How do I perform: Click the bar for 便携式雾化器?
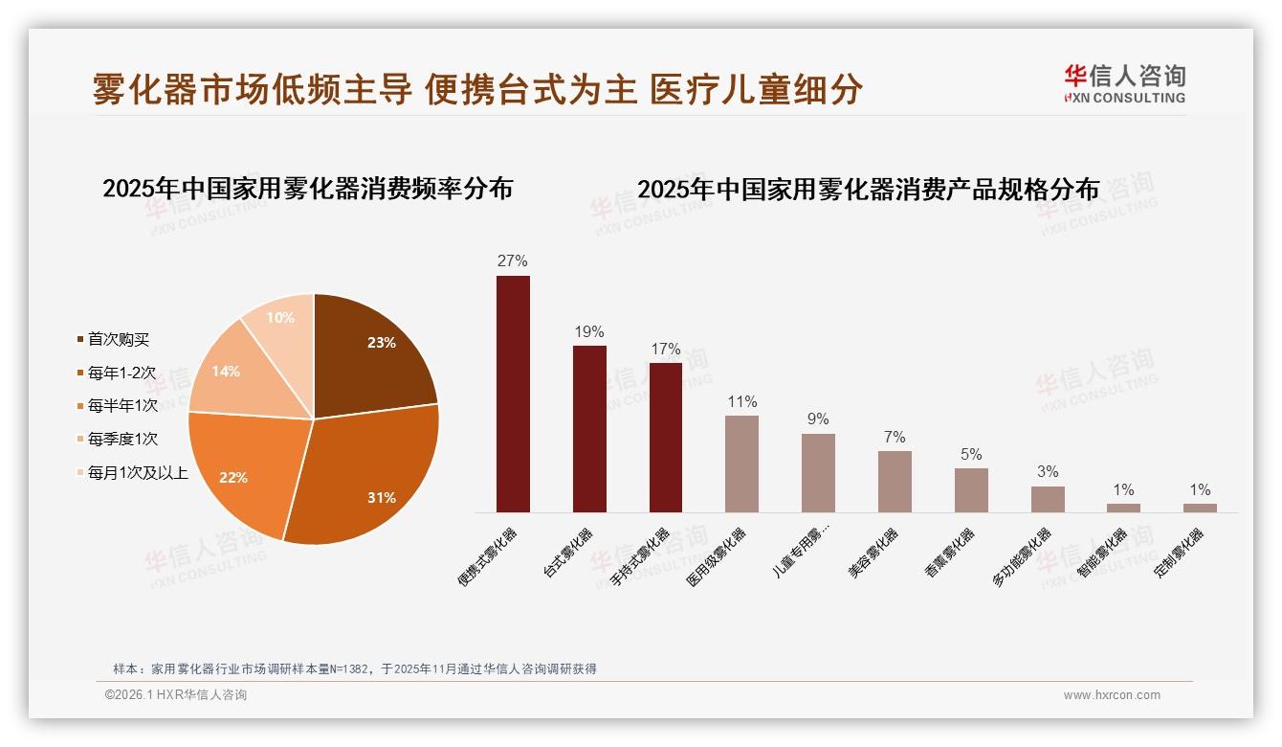tap(513, 394)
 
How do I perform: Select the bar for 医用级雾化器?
tap(741, 464)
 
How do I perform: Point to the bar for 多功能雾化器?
tap(1048, 499)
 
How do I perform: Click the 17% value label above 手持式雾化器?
tap(665, 350)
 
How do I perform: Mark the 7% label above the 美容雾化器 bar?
tap(895, 437)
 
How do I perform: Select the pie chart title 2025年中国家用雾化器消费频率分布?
tap(307, 189)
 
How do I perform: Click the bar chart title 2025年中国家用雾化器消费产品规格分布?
tap(868, 190)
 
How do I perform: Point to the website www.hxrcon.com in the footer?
tap(1112, 695)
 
